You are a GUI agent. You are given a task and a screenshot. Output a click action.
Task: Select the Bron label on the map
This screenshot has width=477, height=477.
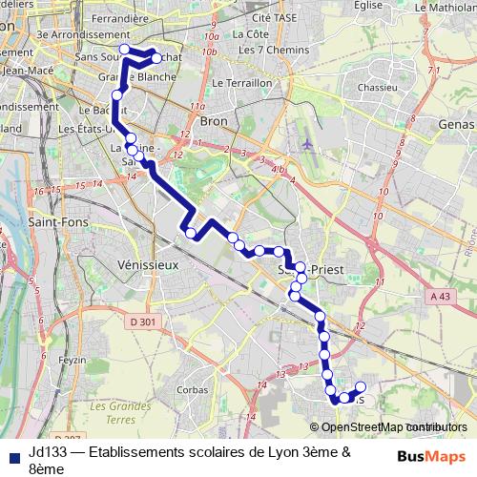point(214,121)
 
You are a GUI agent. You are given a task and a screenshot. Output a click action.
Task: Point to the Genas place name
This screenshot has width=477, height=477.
point(455,124)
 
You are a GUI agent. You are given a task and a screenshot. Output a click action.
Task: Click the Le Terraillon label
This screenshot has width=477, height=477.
point(242,83)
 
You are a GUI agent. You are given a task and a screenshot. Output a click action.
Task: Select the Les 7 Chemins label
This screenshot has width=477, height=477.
point(266,50)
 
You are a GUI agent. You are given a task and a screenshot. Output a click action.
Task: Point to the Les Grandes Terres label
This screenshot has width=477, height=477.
point(120,412)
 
